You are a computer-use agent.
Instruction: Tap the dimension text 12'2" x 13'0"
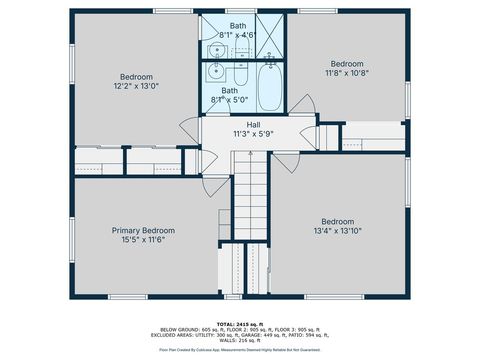[x=137, y=87]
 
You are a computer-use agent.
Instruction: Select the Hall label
[x=240, y=124]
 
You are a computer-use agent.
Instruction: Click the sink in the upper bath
[x=216, y=50]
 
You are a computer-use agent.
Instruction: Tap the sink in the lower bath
[x=216, y=71]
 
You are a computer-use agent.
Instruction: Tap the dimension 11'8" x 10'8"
[x=347, y=72]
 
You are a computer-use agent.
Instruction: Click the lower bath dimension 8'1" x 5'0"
[x=230, y=99]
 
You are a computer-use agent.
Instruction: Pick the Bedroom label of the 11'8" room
[x=347, y=62]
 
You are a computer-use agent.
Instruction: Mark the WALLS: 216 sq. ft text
[x=240, y=341]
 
